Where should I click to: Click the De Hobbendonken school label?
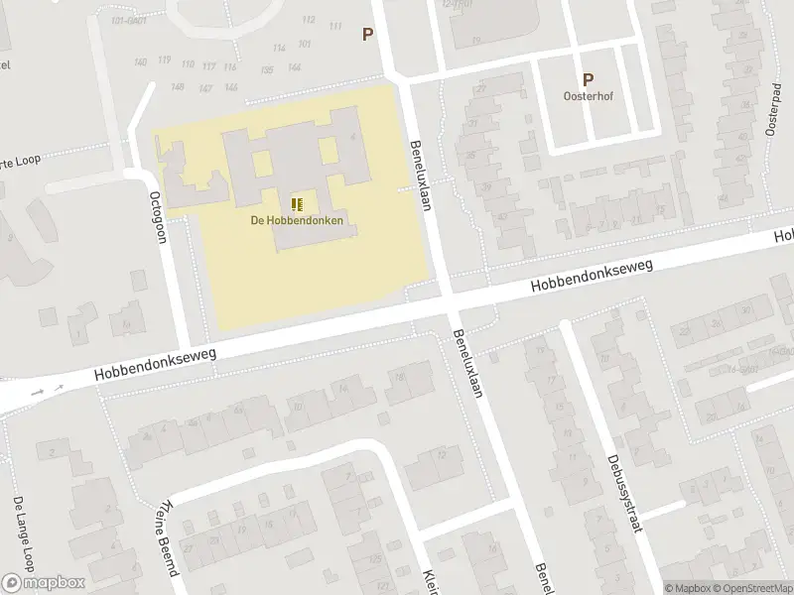[297, 220]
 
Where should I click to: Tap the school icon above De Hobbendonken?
[297, 204]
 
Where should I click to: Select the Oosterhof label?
[588, 97]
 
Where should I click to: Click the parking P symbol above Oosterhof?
[588, 80]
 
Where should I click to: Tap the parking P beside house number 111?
[367, 34]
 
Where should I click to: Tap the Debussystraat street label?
[622, 493]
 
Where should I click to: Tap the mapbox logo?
[44, 582]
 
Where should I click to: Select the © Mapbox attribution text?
[688, 588]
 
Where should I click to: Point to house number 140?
[140, 62]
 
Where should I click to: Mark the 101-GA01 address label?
[129, 20]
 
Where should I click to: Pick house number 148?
[178, 87]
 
